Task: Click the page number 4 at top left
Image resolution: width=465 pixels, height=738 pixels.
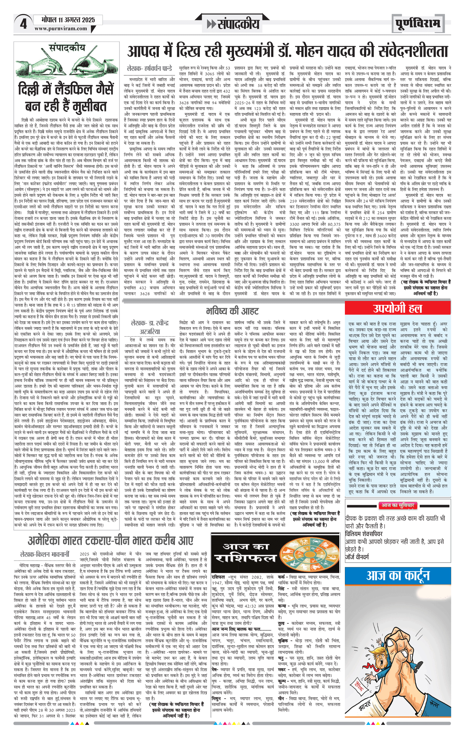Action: tap(23, 24)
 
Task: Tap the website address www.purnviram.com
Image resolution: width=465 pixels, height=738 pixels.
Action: tap(61, 29)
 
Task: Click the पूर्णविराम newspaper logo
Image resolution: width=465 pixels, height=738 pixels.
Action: tap(417, 24)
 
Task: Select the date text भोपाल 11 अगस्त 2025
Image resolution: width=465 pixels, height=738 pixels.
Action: tap(68, 20)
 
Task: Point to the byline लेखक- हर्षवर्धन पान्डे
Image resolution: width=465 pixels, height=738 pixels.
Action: tap(149, 69)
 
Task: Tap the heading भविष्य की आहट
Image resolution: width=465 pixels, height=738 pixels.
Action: tap(232, 310)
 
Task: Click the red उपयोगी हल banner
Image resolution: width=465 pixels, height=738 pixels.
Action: tap(397, 308)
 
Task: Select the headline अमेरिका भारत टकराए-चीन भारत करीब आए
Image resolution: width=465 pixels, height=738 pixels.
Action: tap(111, 540)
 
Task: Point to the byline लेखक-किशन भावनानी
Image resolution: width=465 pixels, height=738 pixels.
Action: tap(45, 554)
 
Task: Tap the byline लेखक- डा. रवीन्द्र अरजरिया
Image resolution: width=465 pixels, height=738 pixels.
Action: tap(150, 327)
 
